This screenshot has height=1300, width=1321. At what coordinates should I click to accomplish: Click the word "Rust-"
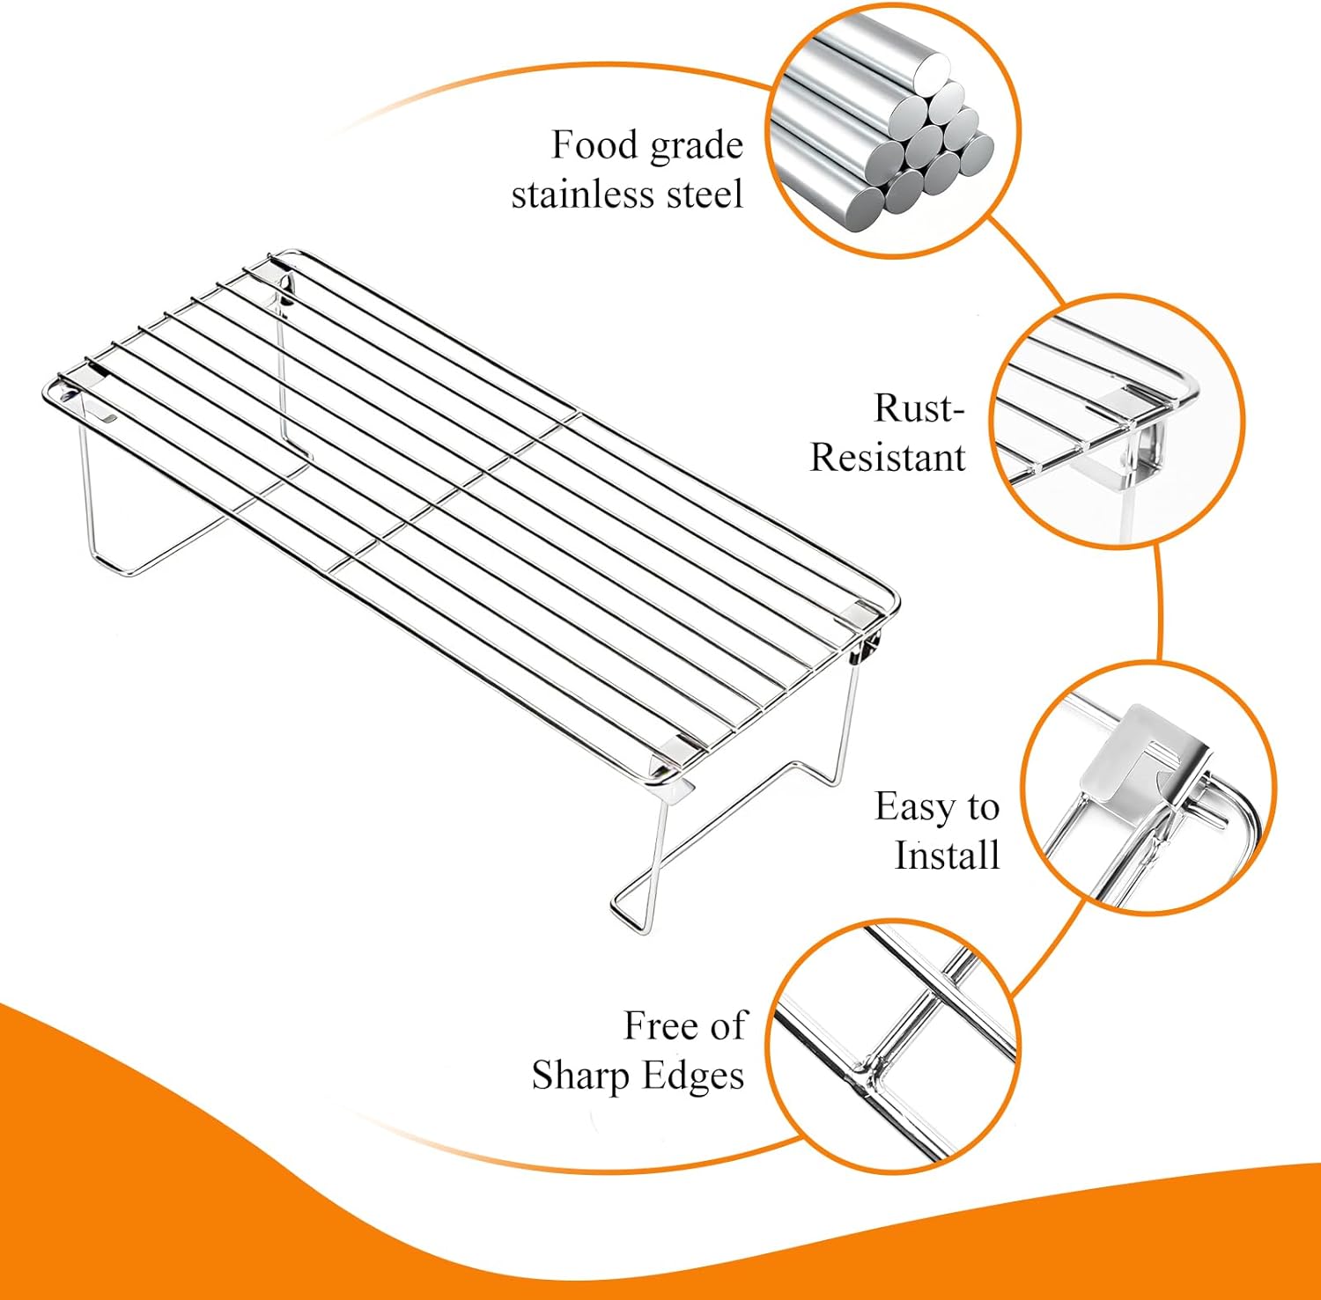(x=919, y=408)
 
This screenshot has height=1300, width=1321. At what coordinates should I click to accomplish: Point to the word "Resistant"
(x=888, y=458)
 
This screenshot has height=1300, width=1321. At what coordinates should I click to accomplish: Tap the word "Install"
(x=948, y=856)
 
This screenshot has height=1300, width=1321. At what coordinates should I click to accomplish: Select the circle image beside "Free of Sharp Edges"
(x=892, y=1046)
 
